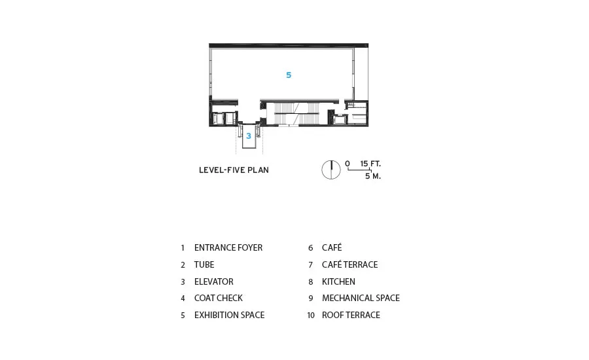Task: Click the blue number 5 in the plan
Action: click(289, 75)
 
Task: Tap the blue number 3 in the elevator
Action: click(249, 136)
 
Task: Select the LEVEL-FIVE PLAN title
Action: click(234, 170)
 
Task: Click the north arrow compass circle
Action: click(331, 170)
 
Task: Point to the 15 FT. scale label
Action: click(370, 164)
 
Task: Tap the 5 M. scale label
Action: click(373, 176)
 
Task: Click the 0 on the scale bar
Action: click(348, 164)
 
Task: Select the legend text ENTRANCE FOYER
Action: click(228, 247)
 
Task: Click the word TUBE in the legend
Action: click(204, 264)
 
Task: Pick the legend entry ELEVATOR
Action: click(214, 281)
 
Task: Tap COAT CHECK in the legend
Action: click(218, 298)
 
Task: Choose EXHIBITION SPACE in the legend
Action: click(229, 315)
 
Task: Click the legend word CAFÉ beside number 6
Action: click(332, 247)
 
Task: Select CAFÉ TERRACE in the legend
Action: click(349, 264)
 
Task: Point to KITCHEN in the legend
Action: click(338, 281)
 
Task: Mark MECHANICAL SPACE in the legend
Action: click(361, 298)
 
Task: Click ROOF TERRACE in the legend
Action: click(351, 315)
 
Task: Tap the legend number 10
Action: click(311, 315)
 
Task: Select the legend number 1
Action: click(183, 248)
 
